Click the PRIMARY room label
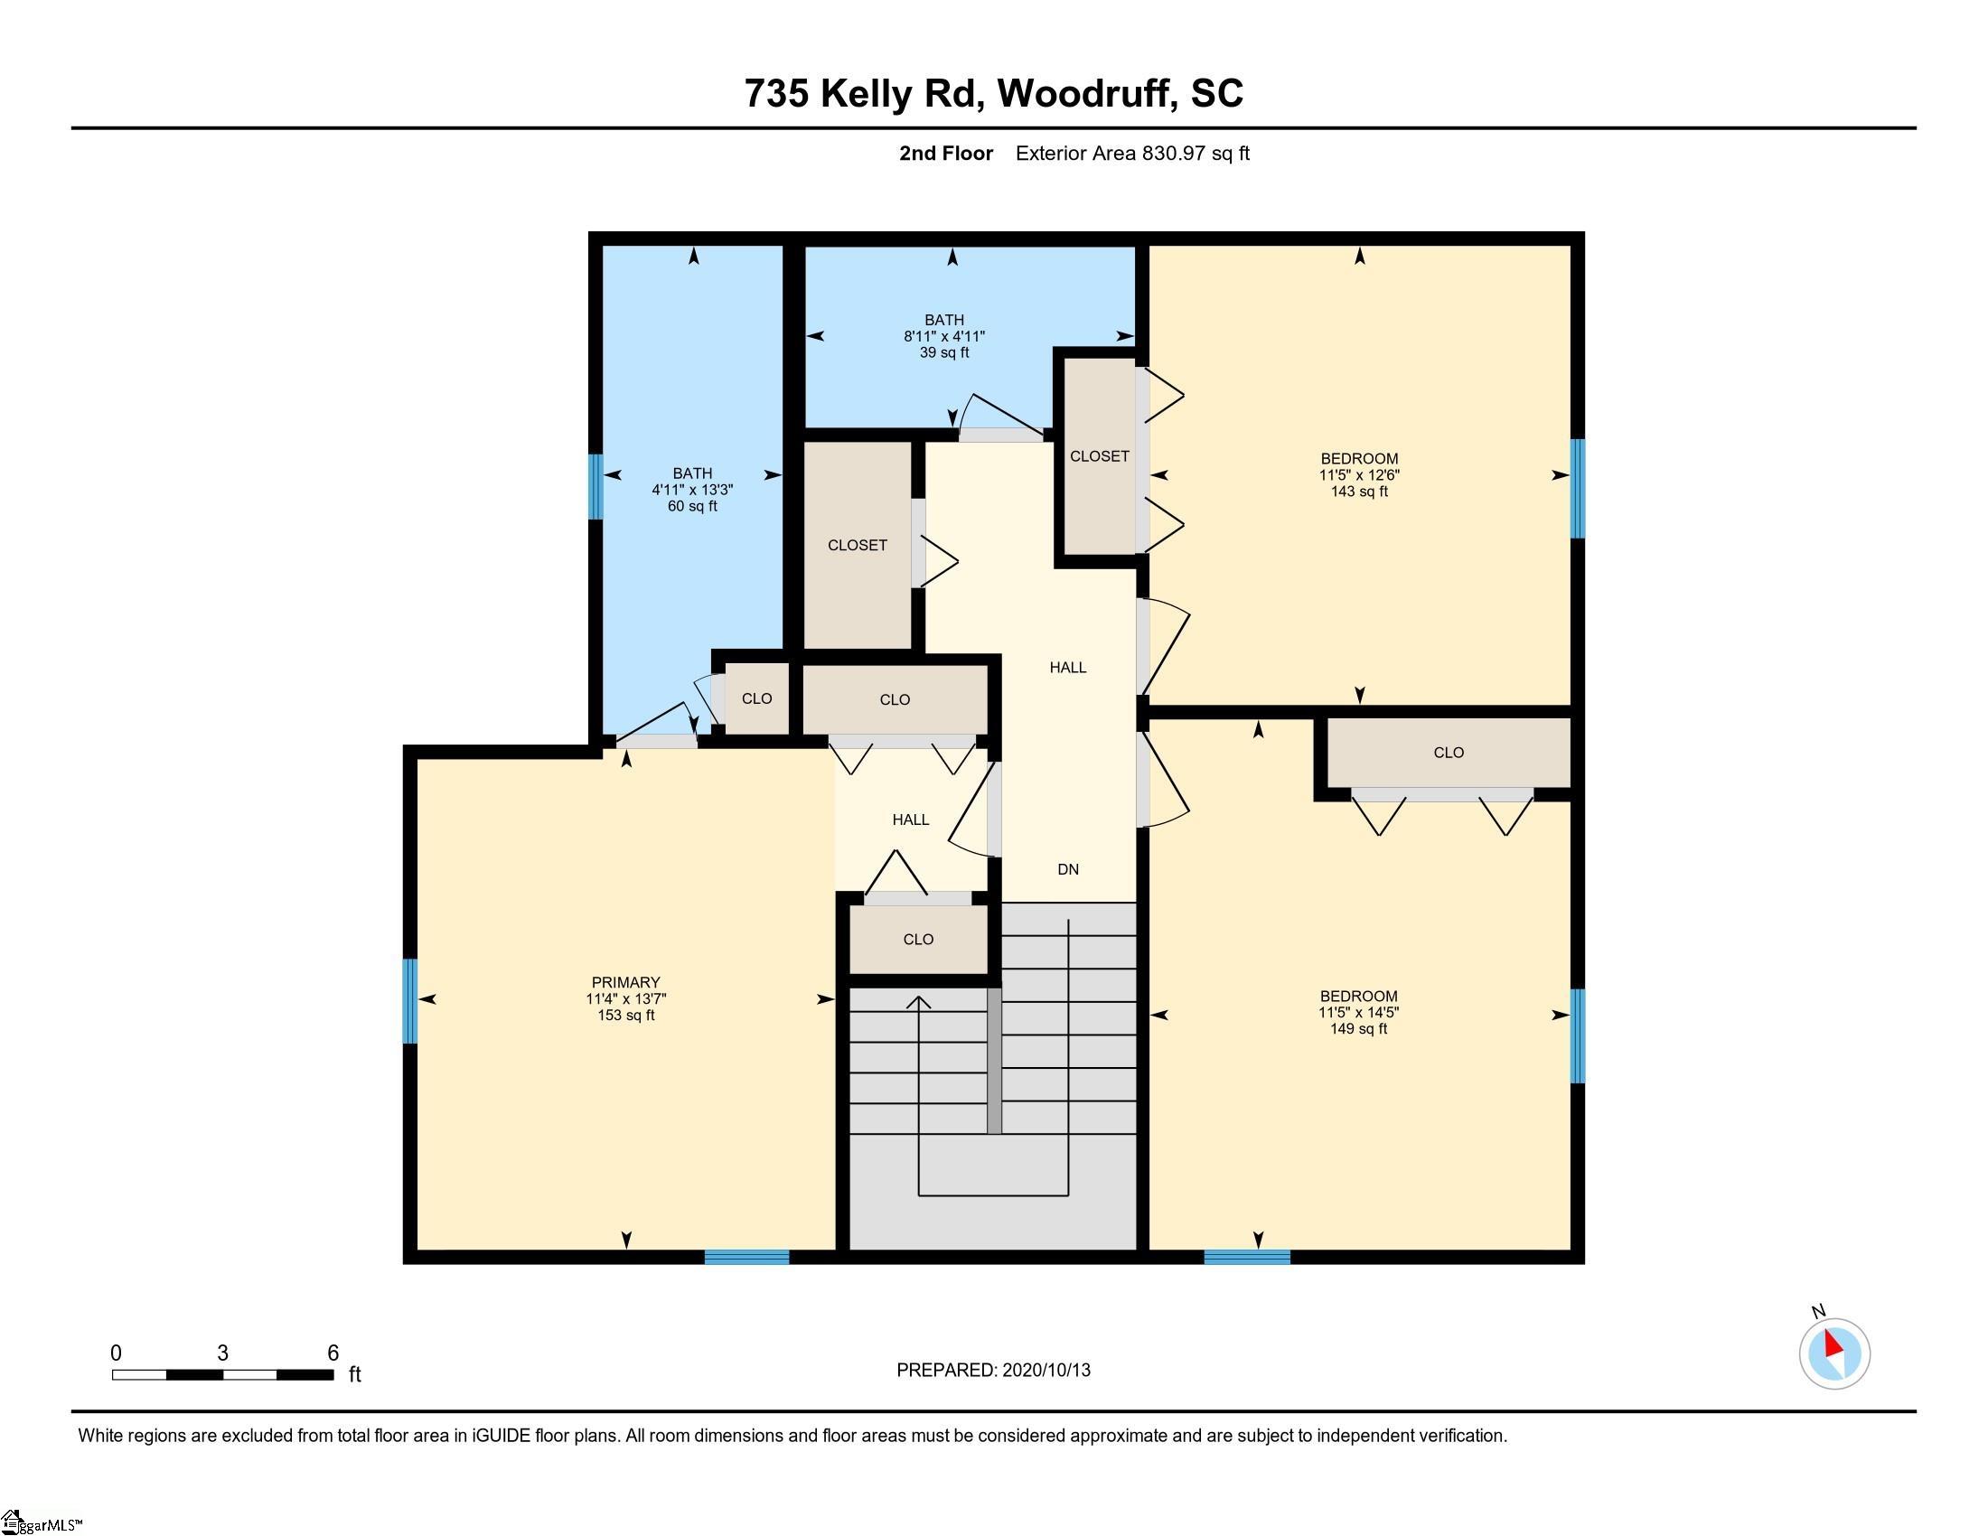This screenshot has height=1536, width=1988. click(625, 982)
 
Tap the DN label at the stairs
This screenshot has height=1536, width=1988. click(1068, 869)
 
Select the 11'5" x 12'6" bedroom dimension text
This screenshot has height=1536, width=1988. click(1359, 475)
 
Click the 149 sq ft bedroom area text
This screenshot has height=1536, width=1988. click(1358, 1029)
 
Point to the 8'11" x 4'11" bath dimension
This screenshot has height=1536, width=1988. click(944, 336)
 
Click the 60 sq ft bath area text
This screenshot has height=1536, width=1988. click(692, 506)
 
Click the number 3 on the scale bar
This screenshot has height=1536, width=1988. click(222, 1353)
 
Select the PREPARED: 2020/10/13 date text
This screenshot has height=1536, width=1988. click(993, 1371)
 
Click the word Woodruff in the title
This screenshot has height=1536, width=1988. click(1083, 93)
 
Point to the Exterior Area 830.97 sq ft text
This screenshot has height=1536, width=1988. click(1131, 153)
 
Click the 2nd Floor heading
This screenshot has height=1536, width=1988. click(945, 153)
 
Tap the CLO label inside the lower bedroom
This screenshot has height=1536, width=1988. click(1449, 753)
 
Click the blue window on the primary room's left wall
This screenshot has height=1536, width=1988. click(410, 1001)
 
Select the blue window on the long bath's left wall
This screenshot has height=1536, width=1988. click(595, 486)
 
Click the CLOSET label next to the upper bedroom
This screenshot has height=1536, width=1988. click(1099, 456)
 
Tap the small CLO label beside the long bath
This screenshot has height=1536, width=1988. click(756, 698)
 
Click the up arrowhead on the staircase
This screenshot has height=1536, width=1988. click(919, 1003)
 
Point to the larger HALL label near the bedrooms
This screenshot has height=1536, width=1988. click(1068, 667)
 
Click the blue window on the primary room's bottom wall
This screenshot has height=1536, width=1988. click(746, 1257)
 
